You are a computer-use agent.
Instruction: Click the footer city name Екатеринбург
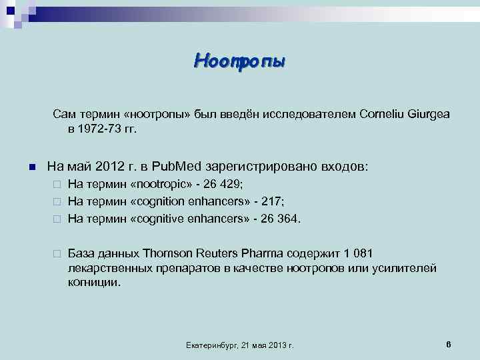(209, 345)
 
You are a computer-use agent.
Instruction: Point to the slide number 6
(449, 344)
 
